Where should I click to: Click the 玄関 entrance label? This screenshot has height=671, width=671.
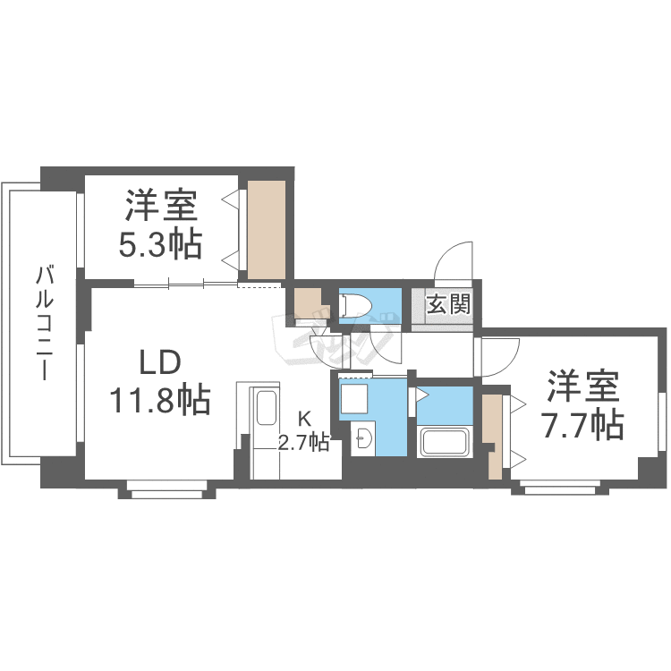coord(447,304)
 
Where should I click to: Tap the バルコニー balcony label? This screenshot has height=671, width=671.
coord(43,322)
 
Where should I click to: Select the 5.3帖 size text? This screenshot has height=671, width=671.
coord(161,243)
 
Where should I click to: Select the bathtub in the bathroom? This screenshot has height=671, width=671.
coord(445,442)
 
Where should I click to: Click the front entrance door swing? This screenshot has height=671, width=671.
coord(454,261)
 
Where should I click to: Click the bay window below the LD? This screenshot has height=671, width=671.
coord(167,488)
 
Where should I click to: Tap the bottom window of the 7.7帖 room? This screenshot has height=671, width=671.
coord(560,488)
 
